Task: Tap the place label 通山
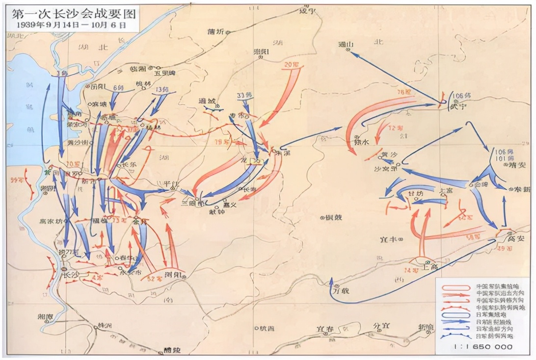pos(346,44)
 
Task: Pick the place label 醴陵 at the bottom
pos(172,350)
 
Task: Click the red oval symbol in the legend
pos(454,287)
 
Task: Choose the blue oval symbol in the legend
pos(454,314)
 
